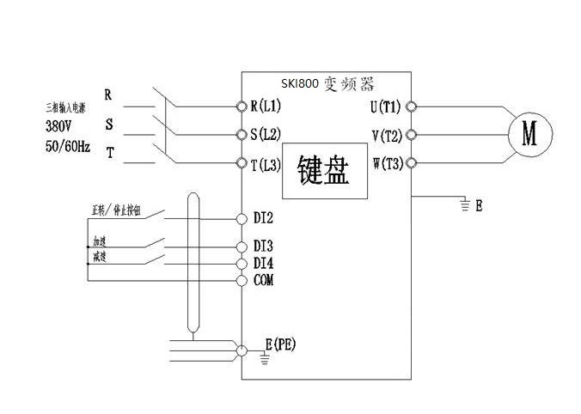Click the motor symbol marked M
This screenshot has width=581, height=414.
(x=529, y=134)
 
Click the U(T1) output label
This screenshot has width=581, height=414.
(x=385, y=107)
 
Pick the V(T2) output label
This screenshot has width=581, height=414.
(x=385, y=134)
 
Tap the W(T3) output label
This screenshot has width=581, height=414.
(x=385, y=163)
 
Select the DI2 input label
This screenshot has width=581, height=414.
(x=263, y=216)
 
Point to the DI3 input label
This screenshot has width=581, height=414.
(x=263, y=246)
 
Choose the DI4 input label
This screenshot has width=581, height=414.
(x=263, y=262)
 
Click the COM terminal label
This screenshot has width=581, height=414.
(x=263, y=280)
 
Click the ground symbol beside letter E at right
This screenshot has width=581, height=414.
(x=465, y=205)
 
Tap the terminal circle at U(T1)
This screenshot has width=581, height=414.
(x=412, y=107)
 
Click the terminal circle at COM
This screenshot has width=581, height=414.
(x=241, y=280)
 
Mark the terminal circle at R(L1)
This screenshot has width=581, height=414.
(x=241, y=107)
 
